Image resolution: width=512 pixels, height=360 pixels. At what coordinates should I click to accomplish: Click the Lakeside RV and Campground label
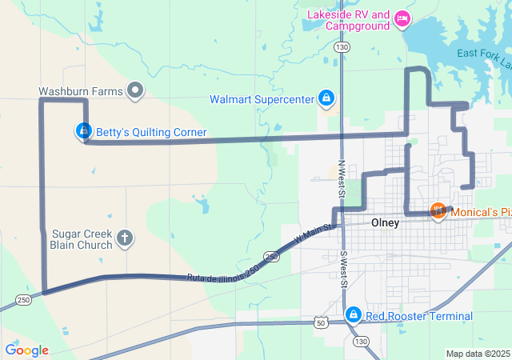[349, 19]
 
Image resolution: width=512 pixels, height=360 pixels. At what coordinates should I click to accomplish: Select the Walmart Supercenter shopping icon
[326, 98]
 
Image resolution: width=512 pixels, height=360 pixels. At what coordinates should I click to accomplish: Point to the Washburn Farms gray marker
[136, 90]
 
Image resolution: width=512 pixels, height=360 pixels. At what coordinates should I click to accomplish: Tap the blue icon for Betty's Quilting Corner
[83, 130]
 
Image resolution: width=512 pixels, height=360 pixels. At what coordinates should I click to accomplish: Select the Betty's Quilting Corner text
[151, 132]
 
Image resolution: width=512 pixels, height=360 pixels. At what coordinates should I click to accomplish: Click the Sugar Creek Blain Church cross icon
[125, 238]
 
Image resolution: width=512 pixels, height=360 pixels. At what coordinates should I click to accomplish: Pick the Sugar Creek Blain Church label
[82, 238]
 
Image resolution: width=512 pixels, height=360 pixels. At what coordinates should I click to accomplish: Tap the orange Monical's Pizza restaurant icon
[438, 211]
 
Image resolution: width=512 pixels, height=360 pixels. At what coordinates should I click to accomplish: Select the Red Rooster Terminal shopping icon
[352, 315]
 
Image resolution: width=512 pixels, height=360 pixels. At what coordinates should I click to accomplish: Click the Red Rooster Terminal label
[419, 316]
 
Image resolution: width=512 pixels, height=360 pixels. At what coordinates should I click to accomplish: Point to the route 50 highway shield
[321, 322]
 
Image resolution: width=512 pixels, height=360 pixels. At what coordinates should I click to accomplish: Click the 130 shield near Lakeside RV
[342, 48]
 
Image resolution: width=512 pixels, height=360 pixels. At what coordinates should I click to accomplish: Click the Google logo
[26, 350]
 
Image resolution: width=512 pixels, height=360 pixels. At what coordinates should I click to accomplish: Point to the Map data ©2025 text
[477, 354]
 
